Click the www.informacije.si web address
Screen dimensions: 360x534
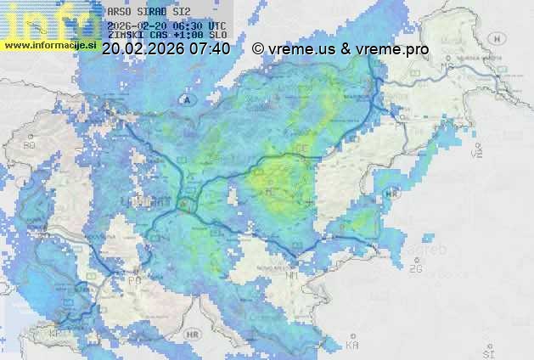point(50,45)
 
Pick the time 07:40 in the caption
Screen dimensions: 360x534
point(210,49)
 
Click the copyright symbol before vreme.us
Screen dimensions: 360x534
point(258,49)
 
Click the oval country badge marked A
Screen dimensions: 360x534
point(183,100)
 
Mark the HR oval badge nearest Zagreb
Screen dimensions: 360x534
point(391,194)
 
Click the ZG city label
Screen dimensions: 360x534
point(415,269)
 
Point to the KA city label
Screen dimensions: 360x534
point(352,345)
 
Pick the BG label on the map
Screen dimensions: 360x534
point(30,145)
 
